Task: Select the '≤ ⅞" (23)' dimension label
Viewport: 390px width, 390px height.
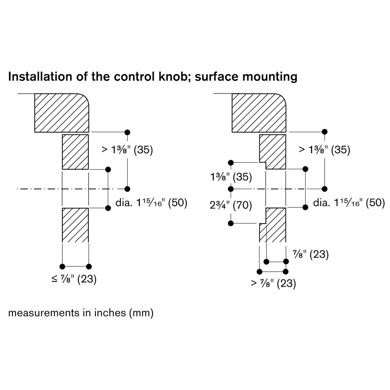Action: [74, 279]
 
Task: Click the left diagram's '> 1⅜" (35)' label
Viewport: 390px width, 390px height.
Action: [127, 150]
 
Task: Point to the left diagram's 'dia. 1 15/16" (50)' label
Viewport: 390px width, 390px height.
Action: [151, 203]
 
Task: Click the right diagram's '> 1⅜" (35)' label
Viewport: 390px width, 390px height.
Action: [324, 150]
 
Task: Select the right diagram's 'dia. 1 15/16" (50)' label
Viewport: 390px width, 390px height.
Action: [349, 203]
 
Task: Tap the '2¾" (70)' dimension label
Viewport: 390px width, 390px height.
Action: [231, 205]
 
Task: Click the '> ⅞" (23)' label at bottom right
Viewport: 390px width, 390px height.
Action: [273, 283]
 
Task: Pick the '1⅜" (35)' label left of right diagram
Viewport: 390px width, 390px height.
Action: [231, 177]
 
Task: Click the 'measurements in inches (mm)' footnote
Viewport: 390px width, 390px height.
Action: [81, 313]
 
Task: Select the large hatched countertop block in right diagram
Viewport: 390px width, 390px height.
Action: [259, 113]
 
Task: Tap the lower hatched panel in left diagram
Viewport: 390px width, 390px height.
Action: [75, 225]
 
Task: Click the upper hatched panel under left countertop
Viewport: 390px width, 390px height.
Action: [75, 152]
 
